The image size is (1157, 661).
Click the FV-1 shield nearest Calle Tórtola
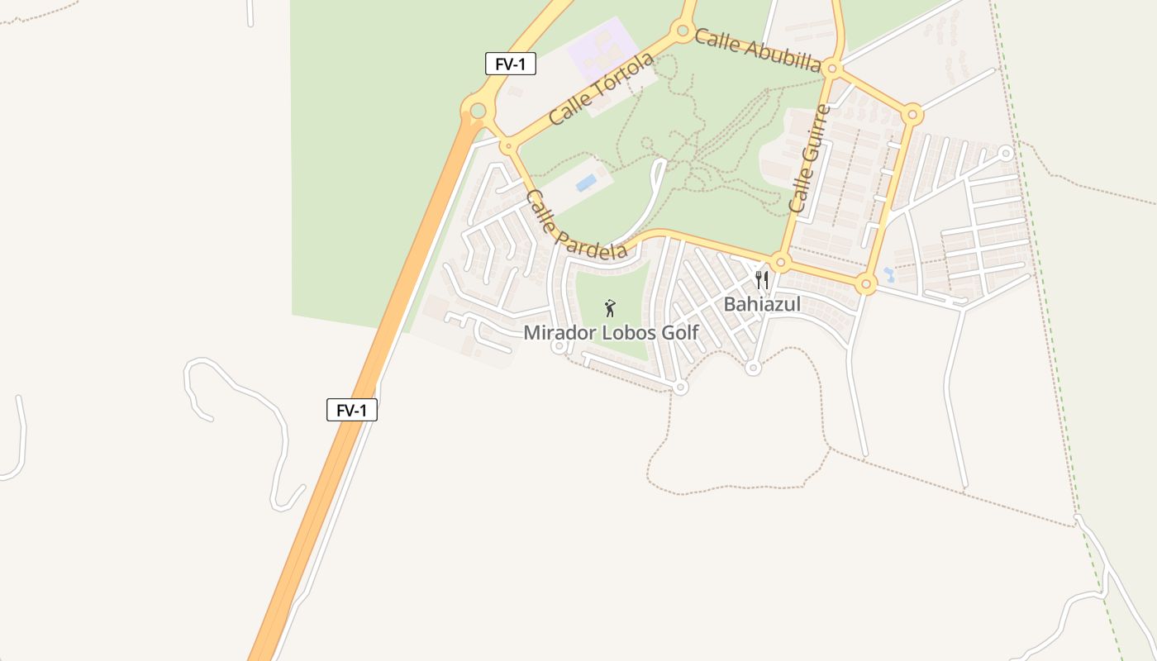pyautogui.click(x=510, y=64)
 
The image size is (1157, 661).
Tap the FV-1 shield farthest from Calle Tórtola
pyautogui.click(x=352, y=410)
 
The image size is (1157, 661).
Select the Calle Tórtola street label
pyautogui.click(x=601, y=88)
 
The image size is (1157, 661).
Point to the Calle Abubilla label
pyautogui.click(x=757, y=51)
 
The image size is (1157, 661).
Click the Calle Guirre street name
pyautogui.click(x=809, y=159)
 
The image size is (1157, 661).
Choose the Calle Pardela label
pyautogui.click(x=576, y=226)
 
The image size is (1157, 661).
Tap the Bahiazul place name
pyautogui.click(x=762, y=304)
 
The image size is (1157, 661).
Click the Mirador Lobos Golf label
pyautogui.click(x=611, y=333)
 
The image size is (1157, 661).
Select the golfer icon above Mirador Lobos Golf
pyautogui.click(x=610, y=308)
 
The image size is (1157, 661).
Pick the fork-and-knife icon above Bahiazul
pyautogui.click(x=762, y=280)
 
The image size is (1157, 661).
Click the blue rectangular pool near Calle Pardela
pyautogui.click(x=586, y=182)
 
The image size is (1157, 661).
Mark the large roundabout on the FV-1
pyautogui.click(x=478, y=111)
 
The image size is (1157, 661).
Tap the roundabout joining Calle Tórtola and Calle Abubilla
pyautogui.click(x=683, y=31)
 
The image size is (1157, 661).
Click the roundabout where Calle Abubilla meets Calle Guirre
pyautogui.click(x=832, y=69)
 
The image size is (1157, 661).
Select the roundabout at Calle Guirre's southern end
pyautogui.click(x=781, y=263)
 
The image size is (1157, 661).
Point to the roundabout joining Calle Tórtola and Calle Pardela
pyautogui.click(x=509, y=147)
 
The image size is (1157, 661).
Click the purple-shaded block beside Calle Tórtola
pyautogui.click(x=603, y=51)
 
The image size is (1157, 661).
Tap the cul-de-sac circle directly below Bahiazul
pyautogui.click(x=752, y=368)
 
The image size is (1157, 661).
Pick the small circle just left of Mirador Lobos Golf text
pyautogui.click(x=559, y=347)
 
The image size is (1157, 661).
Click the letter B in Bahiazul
pyautogui.click(x=730, y=304)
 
